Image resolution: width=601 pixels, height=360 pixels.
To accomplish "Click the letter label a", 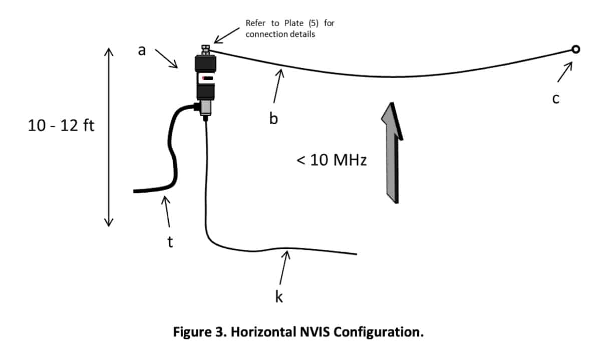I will point(142,50).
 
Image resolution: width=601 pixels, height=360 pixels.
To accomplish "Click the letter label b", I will point(273,119).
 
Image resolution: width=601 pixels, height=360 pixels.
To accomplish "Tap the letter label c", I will point(555,99).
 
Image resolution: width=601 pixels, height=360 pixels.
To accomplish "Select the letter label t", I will point(170,242).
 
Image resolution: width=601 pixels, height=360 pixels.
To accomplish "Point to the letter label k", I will point(279,296).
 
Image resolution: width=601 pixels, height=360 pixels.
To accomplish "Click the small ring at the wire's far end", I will point(575,49).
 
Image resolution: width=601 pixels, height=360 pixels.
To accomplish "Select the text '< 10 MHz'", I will point(332,161).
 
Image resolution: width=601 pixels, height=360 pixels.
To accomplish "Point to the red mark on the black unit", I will point(206,78).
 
